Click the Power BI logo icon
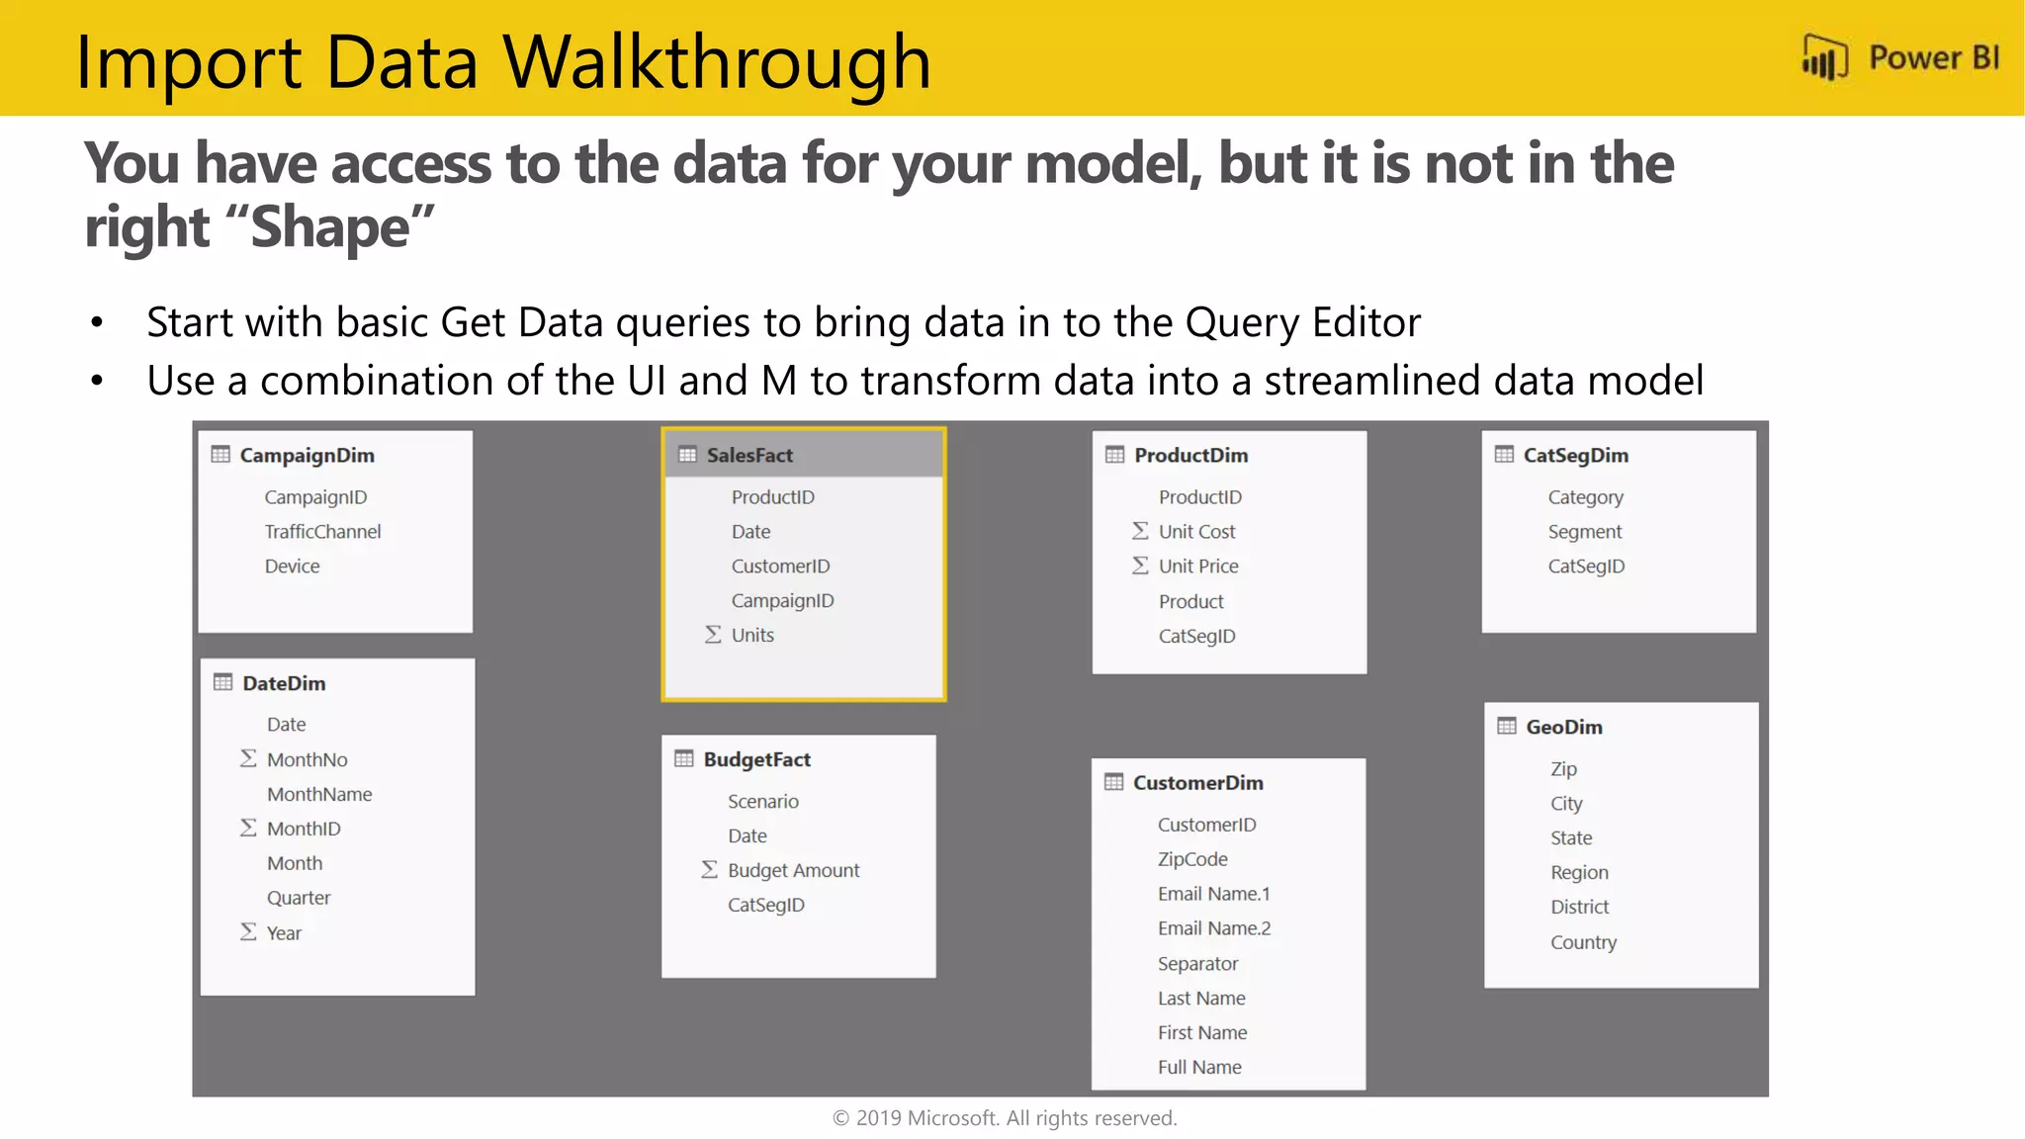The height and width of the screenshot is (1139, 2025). pos(1824,57)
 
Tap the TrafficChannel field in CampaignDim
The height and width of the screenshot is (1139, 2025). pos(322,532)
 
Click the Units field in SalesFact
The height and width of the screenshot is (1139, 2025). pos(752,636)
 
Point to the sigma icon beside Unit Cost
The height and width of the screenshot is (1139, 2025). pos(1140,531)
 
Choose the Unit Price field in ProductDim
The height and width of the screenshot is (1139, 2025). pos(1198,567)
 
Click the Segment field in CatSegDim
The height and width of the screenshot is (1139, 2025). pos(1584,532)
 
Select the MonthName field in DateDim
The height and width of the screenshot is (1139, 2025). pos(319,795)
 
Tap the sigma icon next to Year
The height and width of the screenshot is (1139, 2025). pos(248,932)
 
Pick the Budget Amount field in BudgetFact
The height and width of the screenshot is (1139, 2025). pos(793,871)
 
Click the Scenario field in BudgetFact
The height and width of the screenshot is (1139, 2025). pos(762,802)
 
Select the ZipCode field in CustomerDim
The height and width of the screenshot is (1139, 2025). pos(1192,859)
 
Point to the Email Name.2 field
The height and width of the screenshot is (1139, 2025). pos(1214,928)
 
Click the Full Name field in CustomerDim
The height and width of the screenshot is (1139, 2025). pos(1199,1068)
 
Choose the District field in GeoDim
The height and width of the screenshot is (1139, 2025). pos(1579,908)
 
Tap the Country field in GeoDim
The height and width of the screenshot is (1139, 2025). pos(1583,942)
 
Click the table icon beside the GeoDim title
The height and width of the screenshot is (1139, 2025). pos(1506,727)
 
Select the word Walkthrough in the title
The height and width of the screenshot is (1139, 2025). pos(717,62)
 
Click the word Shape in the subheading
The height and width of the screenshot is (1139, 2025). pos(329,228)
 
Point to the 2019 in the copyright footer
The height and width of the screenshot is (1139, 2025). pos(878,1118)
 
